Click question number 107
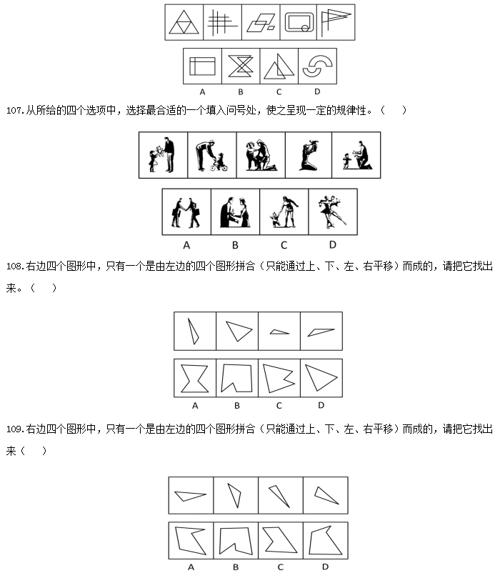[x=15, y=111]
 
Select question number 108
[x=15, y=266]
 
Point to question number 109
[x=15, y=429]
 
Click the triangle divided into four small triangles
[x=184, y=22]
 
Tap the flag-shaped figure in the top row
[x=335, y=22]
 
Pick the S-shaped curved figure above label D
[x=317, y=66]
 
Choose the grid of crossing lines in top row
[x=222, y=22]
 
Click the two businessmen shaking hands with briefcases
[x=186, y=213]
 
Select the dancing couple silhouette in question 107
[x=331, y=211]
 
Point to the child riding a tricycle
[x=220, y=162]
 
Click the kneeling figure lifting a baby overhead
[x=309, y=155]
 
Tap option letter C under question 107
[x=284, y=245]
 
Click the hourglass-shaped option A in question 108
[x=195, y=378]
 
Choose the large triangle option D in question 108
[x=320, y=377]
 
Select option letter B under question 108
[x=237, y=405]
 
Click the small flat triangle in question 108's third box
[x=279, y=332]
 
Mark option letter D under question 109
[x=325, y=567]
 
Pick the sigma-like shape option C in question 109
[x=280, y=539]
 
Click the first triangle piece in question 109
[x=190, y=496]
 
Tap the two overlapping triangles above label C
[x=279, y=66]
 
